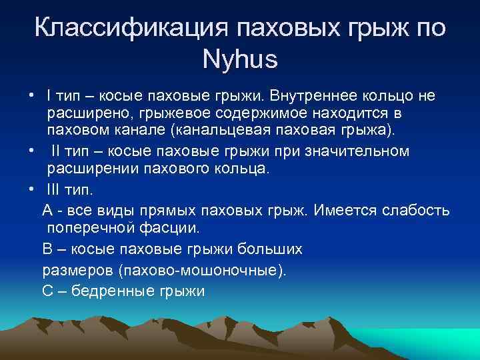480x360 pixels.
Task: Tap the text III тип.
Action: pyautogui.click(x=71, y=189)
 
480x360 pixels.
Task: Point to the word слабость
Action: pyautogui.click(x=417, y=211)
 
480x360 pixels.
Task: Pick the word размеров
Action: pyautogui.click(x=77, y=270)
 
